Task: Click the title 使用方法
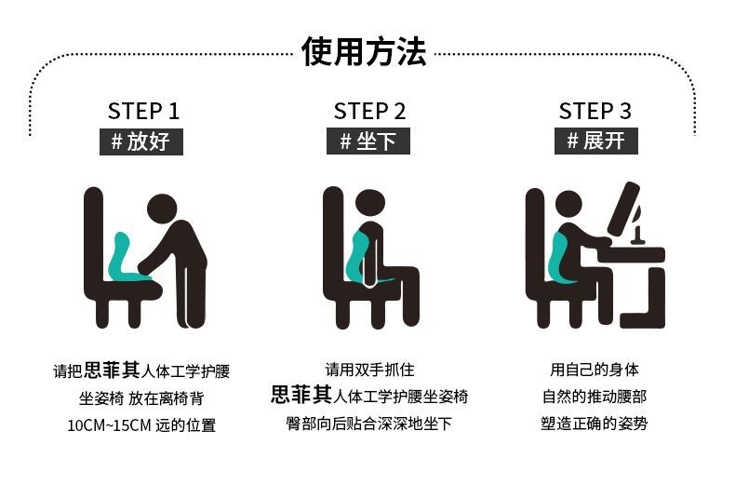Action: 364,51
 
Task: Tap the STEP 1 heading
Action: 143,111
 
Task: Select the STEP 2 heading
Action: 369,111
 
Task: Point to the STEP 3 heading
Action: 595,111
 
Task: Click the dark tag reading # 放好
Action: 141,141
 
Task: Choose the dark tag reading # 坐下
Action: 368,141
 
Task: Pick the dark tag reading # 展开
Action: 596,141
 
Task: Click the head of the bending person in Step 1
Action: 162,209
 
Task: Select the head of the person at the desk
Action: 569,207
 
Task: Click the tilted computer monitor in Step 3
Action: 624,209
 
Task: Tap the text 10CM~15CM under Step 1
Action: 109,426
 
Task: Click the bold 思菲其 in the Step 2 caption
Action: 301,395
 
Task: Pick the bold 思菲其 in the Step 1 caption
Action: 112,370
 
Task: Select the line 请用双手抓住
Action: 370,370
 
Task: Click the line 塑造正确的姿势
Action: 594,424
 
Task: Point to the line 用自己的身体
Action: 595,370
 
